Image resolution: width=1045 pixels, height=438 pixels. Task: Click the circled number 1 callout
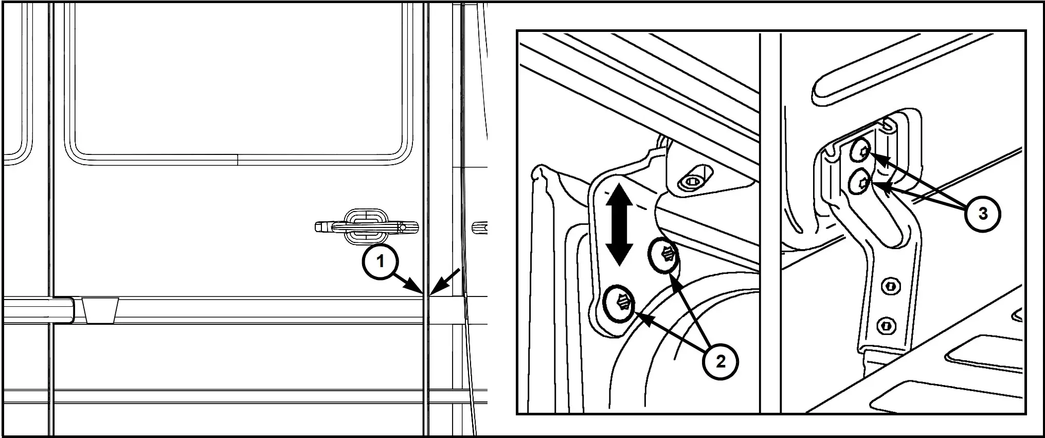tap(380, 262)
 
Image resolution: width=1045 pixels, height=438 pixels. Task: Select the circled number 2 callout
tap(720, 362)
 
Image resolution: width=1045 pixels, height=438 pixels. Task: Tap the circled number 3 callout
tap(982, 214)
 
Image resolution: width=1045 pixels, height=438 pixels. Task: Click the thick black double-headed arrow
tap(618, 225)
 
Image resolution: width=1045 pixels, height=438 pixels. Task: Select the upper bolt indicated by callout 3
tap(860, 152)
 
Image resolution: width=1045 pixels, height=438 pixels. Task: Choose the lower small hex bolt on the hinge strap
tap(886, 325)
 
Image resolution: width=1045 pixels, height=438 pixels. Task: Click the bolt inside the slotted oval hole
tap(692, 182)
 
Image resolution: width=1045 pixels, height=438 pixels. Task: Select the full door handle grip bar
tap(366, 227)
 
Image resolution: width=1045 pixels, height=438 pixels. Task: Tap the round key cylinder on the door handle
tap(405, 227)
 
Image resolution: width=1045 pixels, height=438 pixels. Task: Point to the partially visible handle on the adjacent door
tap(479, 226)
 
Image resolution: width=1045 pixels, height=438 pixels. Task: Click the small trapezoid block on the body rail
tap(101, 310)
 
